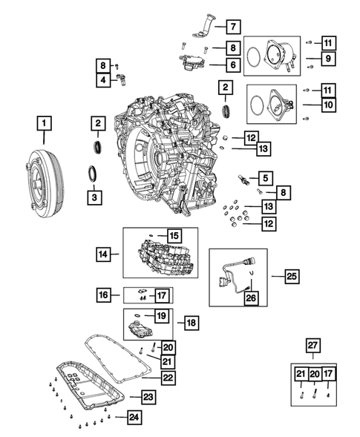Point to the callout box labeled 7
232,27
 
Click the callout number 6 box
232,65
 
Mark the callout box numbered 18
191,323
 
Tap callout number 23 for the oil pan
148,398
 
